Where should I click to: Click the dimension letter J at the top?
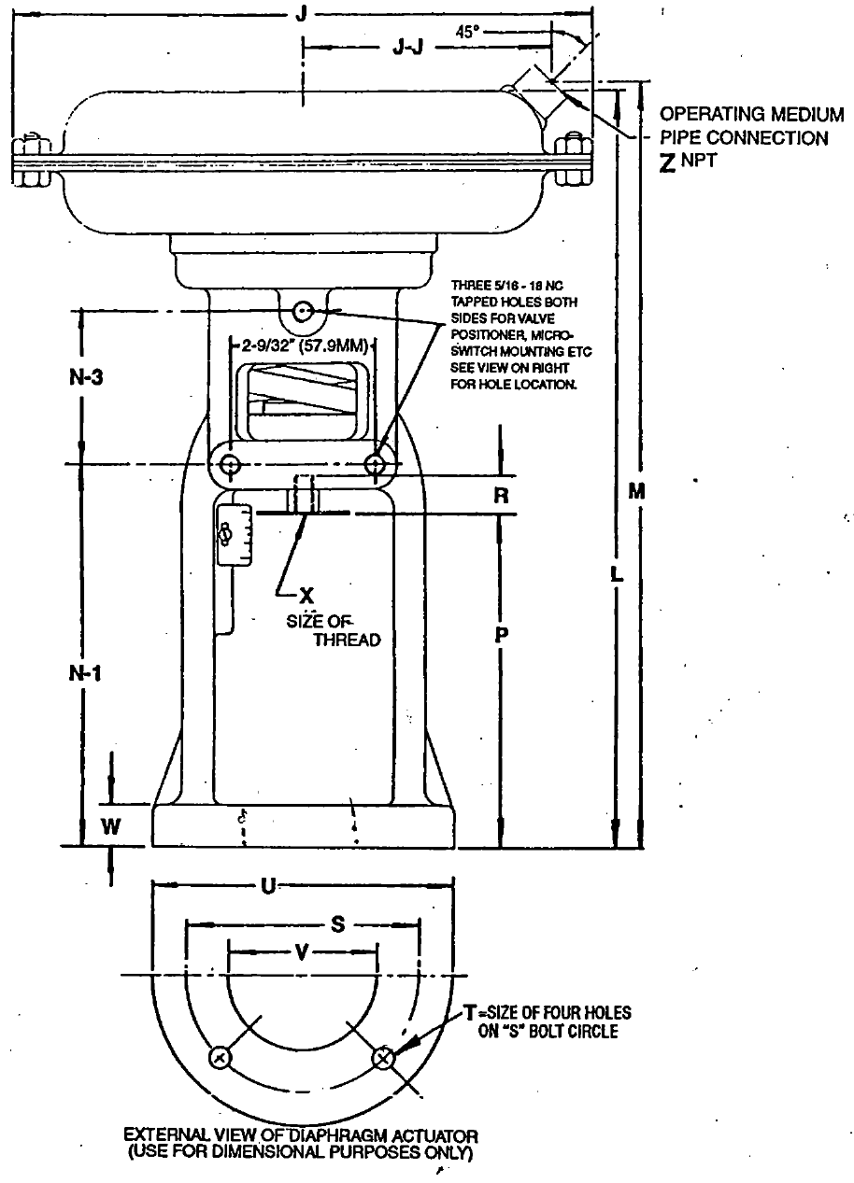pos(301,13)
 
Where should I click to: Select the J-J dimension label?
pos(407,48)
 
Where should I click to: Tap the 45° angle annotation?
pos(468,33)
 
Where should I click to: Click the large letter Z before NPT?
pos(668,163)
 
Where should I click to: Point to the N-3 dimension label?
pos(86,377)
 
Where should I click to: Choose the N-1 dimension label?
pos(85,673)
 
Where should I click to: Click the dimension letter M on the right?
pos(637,492)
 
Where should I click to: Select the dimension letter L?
pos(616,574)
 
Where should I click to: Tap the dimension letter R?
pos(501,496)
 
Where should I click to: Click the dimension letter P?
pos(501,635)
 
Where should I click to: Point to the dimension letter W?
pos(110,826)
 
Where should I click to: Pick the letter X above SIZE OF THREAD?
pos(306,596)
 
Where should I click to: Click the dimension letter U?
pos(268,886)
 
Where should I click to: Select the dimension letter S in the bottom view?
pos(337,924)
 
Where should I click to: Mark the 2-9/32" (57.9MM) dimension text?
pos(305,345)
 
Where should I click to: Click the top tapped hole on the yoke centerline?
pos(303,311)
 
